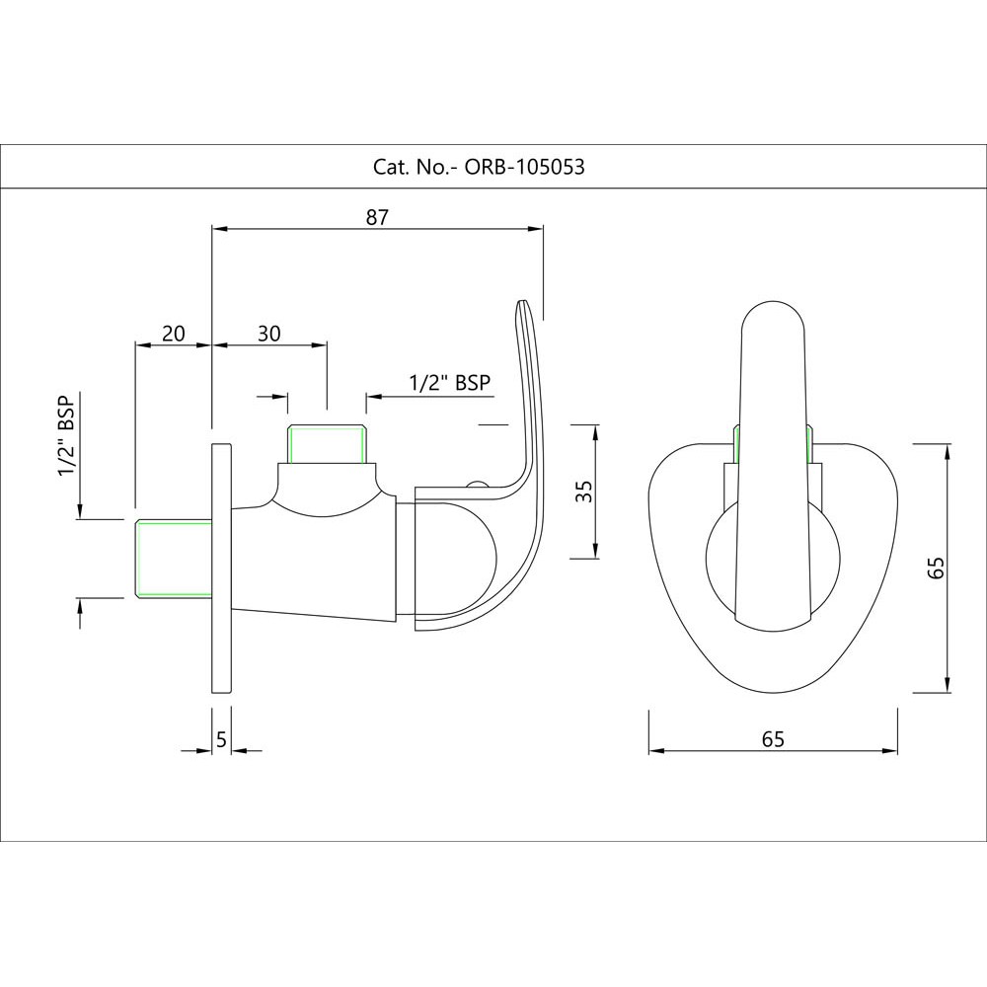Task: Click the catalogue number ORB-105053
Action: click(524, 167)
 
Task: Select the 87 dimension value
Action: click(377, 217)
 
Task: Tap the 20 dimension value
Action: click(174, 333)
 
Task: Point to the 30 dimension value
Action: click(268, 333)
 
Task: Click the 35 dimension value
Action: click(585, 491)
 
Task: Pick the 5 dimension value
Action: click(221, 739)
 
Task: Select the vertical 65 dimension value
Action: click(936, 568)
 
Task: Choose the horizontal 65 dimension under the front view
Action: click(773, 739)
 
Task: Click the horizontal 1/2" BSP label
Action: click(449, 382)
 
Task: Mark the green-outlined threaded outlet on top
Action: click(327, 444)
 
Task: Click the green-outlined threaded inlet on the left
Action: click(174, 558)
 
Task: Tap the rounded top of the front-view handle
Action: click(773, 305)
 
